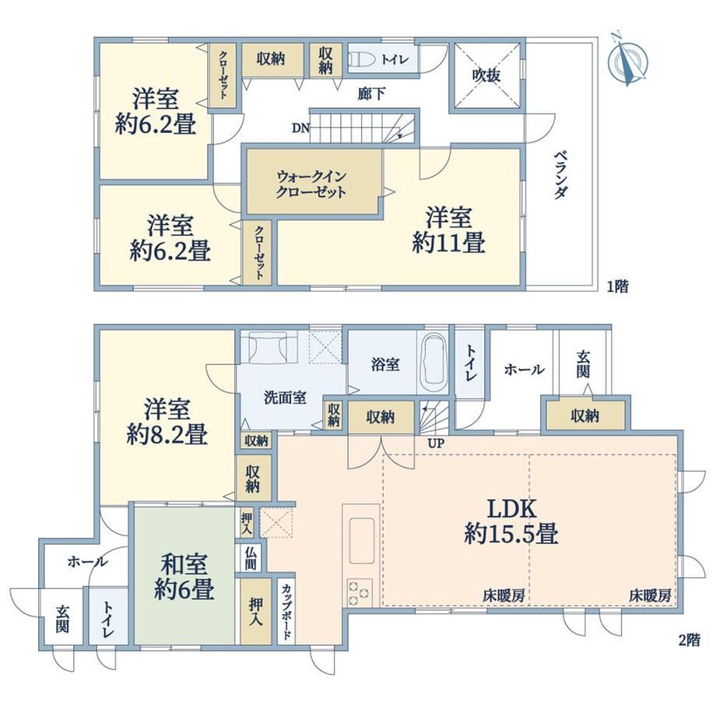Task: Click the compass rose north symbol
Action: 629,58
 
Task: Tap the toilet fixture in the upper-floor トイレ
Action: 362,59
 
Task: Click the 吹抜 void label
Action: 486,75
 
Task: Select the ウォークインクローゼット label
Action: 311,184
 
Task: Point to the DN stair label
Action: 300,128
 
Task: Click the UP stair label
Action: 436,443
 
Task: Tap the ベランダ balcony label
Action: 561,175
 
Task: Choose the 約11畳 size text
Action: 448,242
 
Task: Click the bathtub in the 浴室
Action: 433,362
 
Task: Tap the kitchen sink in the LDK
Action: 362,541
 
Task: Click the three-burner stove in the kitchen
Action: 360,591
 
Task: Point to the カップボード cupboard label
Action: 286,612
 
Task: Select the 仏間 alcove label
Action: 250,558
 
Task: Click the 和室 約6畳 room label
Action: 184,577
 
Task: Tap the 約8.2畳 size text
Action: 167,434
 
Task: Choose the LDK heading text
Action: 511,508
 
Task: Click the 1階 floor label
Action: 617,286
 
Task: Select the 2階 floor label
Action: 689,641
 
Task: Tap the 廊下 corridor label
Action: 370,94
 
